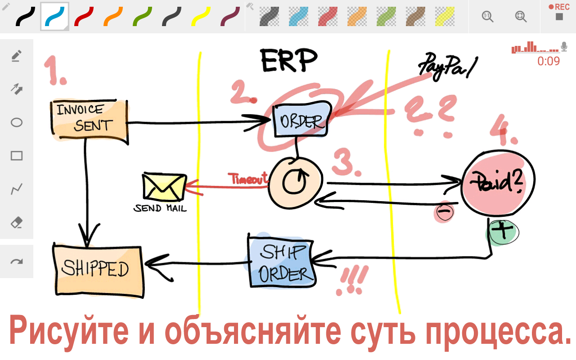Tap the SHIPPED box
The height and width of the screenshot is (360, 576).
[98, 270]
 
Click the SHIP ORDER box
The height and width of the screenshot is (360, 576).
[281, 262]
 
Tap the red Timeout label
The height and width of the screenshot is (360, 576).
[248, 179]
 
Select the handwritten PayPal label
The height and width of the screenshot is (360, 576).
[448, 66]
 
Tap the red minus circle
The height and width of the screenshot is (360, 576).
[444, 211]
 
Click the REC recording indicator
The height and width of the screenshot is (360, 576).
[559, 12]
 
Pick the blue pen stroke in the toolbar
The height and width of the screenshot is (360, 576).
[54, 17]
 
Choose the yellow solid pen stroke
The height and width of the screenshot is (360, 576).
[201, 17]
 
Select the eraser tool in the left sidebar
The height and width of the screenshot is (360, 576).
[17, 223]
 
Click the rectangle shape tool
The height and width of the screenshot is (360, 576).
[17, 156]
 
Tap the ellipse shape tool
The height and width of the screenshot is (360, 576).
[17, 122]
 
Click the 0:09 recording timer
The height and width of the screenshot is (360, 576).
[548, 61]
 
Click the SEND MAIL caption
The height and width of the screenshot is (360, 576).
[160, 208]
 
